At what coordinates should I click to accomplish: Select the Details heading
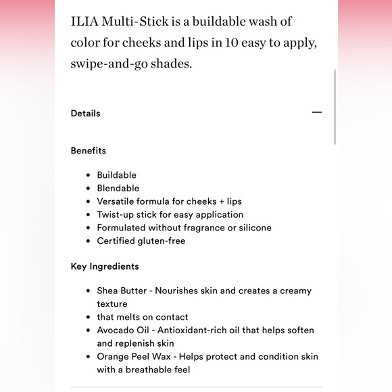85,114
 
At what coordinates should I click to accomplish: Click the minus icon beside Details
316,113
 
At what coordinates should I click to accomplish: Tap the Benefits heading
88,151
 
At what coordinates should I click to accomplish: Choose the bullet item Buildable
116,175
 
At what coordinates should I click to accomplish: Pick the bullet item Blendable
118,188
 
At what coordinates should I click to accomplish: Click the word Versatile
118,201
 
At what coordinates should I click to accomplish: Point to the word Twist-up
116,214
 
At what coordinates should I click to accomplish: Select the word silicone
251,228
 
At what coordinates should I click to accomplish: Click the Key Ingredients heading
105,266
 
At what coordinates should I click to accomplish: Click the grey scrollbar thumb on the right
335,107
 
